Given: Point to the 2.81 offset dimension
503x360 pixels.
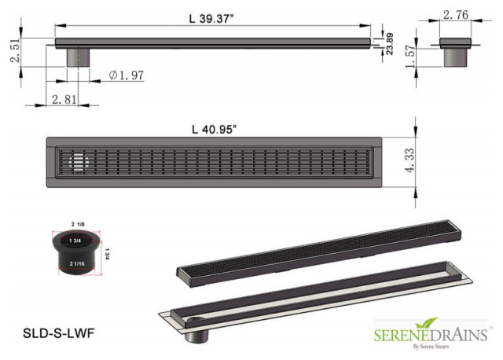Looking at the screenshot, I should click(64, 99).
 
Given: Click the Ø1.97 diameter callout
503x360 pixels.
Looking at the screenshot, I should click(126, 75).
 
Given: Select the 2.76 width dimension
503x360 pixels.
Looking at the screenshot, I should click(457, 14).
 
